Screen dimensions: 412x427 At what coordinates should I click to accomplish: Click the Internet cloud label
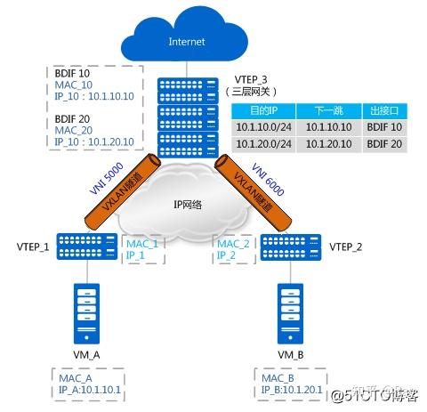click(x=187, y=41)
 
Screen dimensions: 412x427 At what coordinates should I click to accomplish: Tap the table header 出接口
click(x=383, y=111)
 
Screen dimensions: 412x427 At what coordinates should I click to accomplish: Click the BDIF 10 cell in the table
click(x=383, y=127)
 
